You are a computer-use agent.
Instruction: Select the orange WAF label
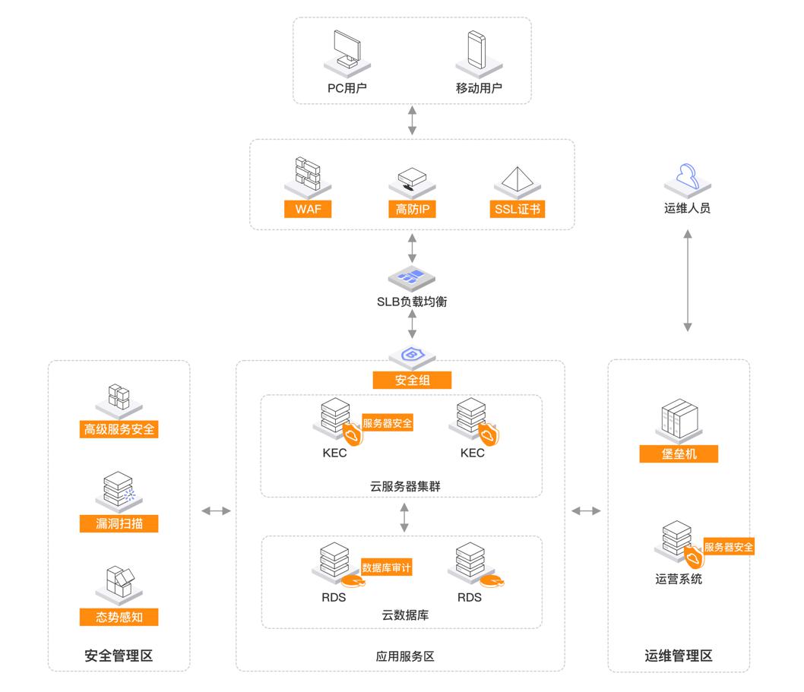(308, 210)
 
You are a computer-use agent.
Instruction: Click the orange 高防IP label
(413, 210)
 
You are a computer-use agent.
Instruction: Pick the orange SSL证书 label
(518, 210)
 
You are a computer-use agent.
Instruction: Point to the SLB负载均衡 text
(413, 302)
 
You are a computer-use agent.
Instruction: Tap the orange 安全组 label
(413, 380)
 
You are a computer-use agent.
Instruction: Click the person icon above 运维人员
(687, 177)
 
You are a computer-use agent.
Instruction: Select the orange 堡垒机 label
(679, 453)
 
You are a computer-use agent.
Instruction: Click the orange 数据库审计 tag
(386, 567)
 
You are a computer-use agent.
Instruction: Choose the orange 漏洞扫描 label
(119, 523)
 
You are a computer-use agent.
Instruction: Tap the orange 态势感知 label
(119, 617)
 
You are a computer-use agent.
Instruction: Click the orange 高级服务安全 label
(119, 429)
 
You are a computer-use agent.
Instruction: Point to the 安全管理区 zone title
(119, 656)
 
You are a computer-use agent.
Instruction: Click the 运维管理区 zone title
(679, 656)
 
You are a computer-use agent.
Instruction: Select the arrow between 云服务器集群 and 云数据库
(404, 517)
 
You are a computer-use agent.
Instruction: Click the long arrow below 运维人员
(687, 281)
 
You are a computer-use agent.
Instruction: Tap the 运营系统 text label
(679, 580)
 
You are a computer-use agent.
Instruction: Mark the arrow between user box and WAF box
(413, 121)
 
